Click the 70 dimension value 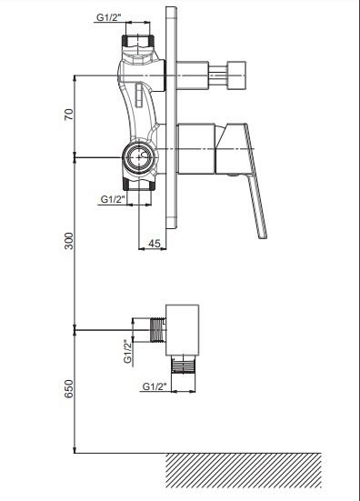point(69,115)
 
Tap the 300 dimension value point(69,241)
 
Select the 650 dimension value point(69,388)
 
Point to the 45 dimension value point(155,244)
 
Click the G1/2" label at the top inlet point(109,17)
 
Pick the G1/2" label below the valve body point(113,199)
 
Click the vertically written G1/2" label point(127,351)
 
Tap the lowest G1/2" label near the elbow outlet point(155,386)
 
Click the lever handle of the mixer point(246,179)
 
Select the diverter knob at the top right point(236,75)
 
